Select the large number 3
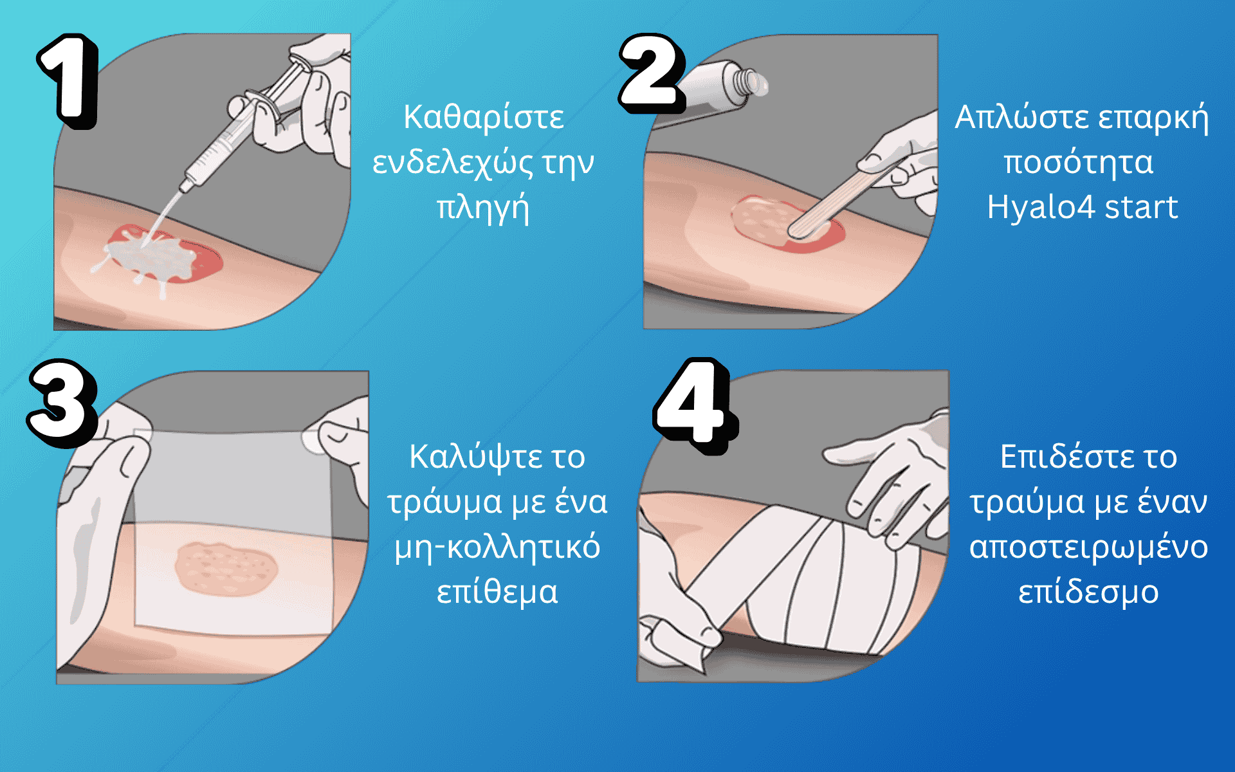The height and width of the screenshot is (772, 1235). pyautogui.click(x=63, y=403)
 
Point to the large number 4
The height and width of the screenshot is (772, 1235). pyautogui.click(x=695, y=405)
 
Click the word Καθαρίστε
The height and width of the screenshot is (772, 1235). pyautogui.click(x=484, y=118)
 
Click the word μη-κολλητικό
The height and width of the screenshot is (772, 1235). pyautogui.click(x=497, y=548)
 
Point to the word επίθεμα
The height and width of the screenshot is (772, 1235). pyautogui.click(x=497, y=592)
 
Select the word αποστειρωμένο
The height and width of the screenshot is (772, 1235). pyautogui.click(x=1088, y=548)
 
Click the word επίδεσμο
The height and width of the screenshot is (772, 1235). pyautogui.click(x=1088, y=592)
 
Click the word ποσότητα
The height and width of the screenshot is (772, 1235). pyautogui.click(x=1079, y=162)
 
